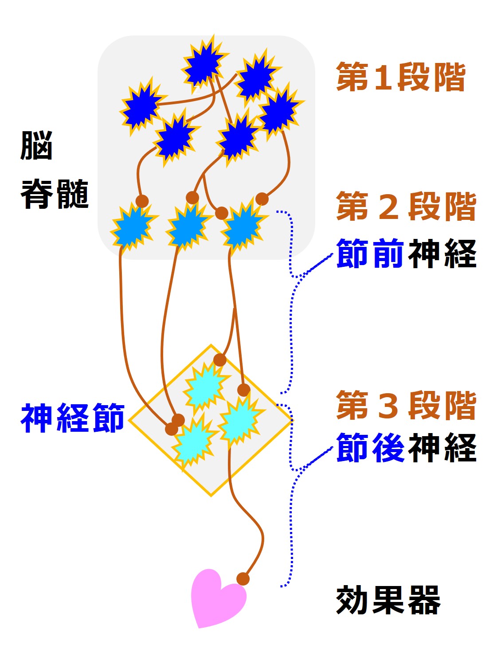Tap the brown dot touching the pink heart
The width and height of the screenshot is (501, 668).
(x=243, y=578)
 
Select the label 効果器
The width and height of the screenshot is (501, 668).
(x=388, y=600)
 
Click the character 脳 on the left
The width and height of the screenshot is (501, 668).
(x=37, y=145)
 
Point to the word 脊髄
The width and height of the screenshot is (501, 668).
(x=55, y=194)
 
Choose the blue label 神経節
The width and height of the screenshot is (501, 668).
(x=73, y=418)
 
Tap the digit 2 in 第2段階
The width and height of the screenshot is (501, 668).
(x=389, y=207)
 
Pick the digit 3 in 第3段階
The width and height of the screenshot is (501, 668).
(x=389, y=405)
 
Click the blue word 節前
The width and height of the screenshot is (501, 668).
(x=370, y=254)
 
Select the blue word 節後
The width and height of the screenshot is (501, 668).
(x=370, y=448)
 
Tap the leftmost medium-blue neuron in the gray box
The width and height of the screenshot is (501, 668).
(x=132, y=226)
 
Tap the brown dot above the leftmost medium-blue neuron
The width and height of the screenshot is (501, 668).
(x=142, y=201)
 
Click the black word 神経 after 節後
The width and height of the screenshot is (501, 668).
(x=442, y=448)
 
